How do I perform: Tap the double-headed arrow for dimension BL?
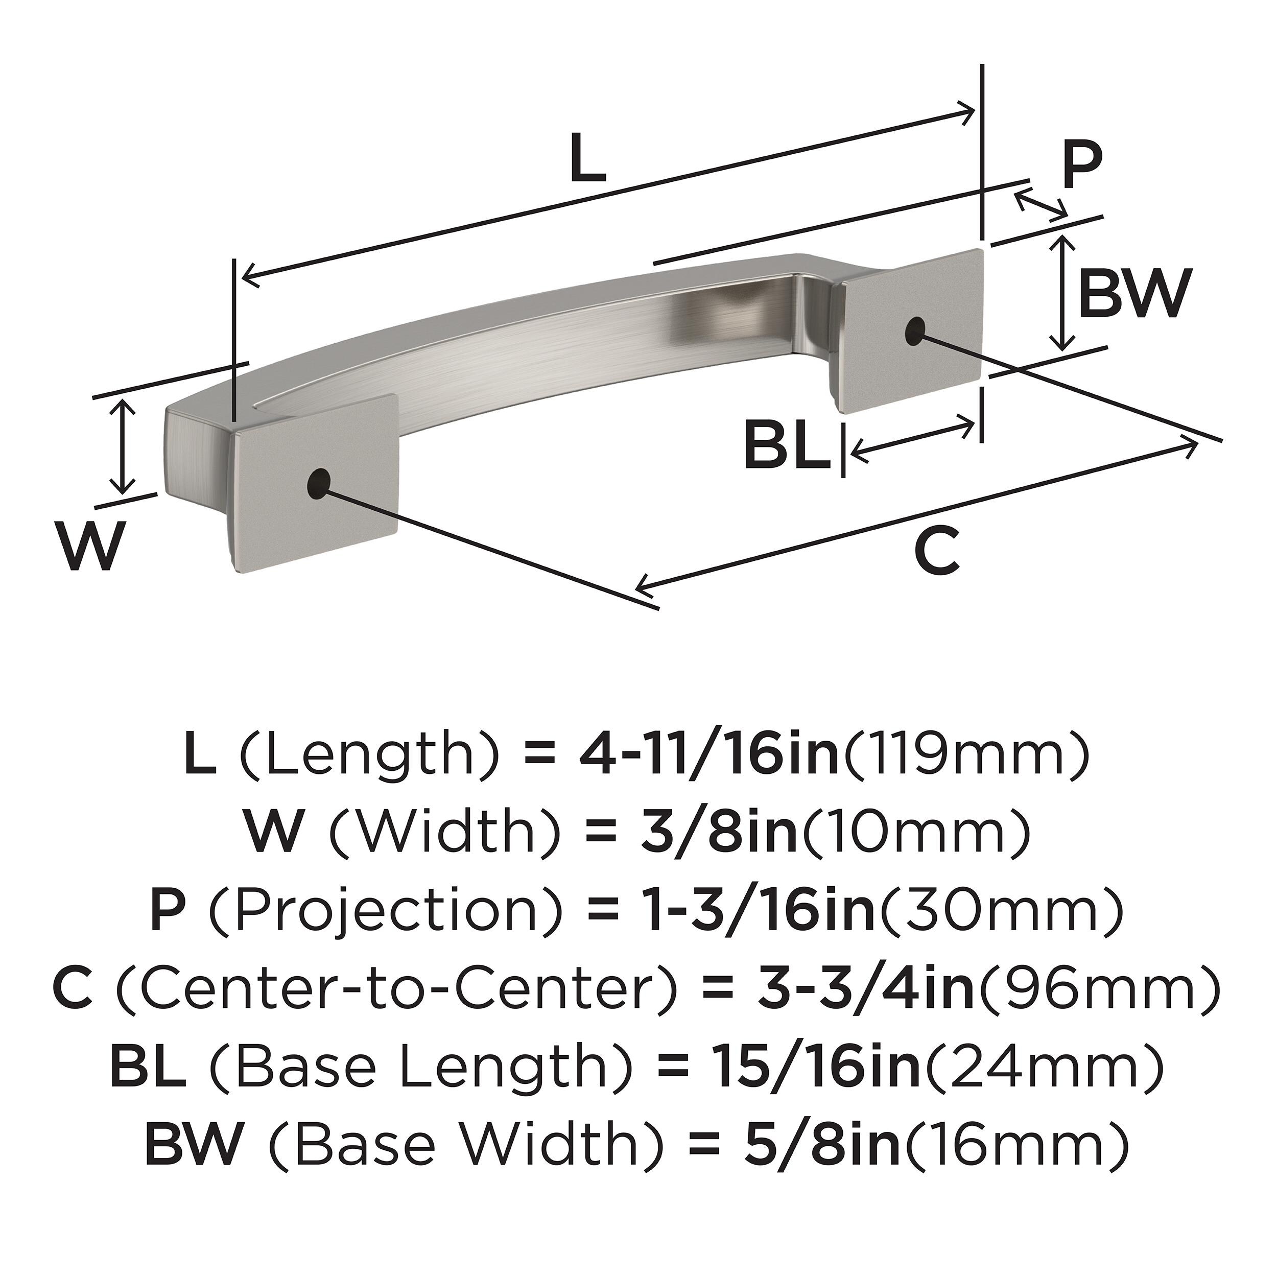click(x=912, y=436)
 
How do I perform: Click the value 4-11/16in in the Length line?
click(x=708, y=757)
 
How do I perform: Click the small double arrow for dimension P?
click(x=1040, y=204)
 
